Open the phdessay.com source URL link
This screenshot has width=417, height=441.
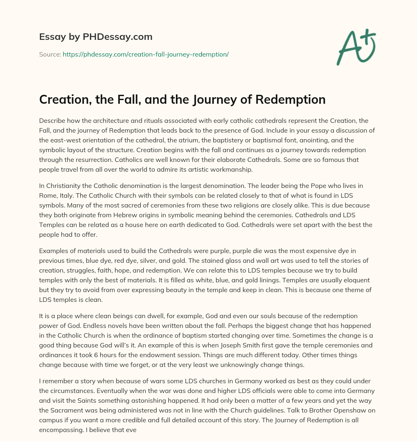click(145, 54)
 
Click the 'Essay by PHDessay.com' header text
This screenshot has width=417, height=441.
click(96, 37)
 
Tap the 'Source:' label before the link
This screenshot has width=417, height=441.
click(50, 54)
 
